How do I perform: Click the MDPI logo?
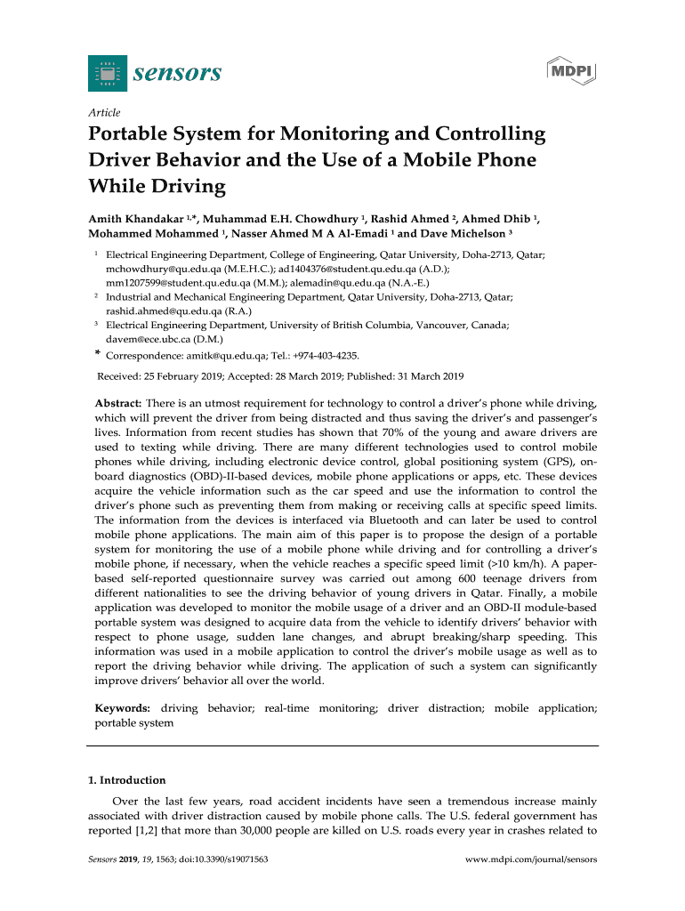(570, 72)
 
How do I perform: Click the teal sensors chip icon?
(107, 73)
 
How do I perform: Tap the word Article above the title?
(104, 113)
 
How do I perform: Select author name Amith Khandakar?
(134, 219)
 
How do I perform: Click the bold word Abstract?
(118, 404)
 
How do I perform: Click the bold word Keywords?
(122, 708)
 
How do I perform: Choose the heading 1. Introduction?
(126, 780)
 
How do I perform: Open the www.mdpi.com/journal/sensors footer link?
(531, 860)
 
